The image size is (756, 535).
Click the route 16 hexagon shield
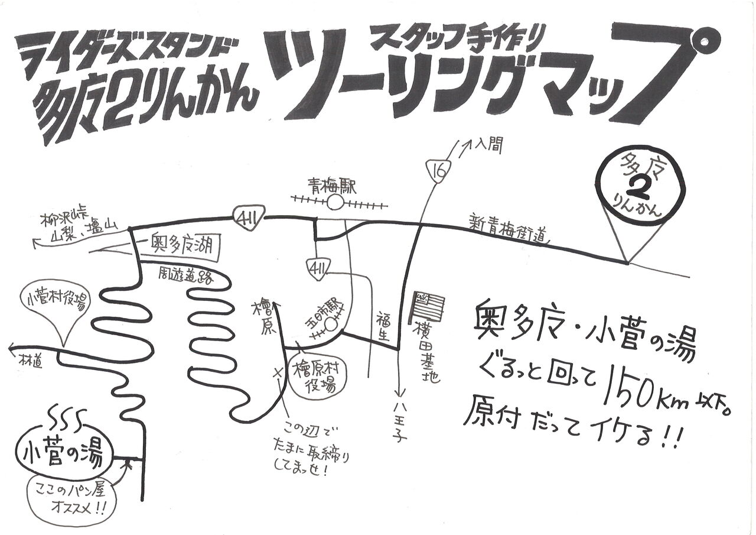436,171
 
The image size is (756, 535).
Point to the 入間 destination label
488,145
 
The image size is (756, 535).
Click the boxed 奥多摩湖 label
181,243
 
